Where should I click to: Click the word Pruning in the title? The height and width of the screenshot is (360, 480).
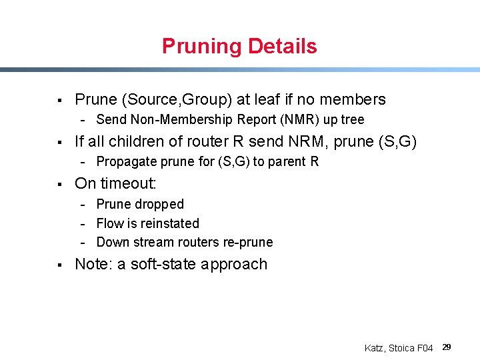[x=202, y=47]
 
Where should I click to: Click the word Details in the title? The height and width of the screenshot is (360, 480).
[x=282, y=47]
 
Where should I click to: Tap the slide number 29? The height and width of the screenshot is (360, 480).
[x=447, y=347]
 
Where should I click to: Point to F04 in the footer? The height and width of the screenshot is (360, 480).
[x=425, y=348]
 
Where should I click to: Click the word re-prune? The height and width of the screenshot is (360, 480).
[x=249, y=242]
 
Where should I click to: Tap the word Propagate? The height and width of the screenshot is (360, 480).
[x=125, y=161]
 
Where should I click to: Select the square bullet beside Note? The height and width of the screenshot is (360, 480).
[x=59, y=265]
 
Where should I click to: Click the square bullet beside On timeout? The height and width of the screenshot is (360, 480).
[x=59, y=184]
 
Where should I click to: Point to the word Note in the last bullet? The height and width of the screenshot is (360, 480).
[x=91, y=264]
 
